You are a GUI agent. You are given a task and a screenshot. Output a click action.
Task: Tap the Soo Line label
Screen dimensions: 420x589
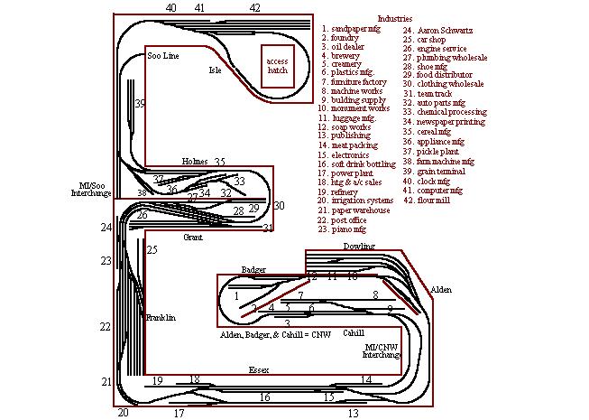(163, 56)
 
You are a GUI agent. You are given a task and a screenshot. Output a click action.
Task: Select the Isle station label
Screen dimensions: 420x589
(215, 70)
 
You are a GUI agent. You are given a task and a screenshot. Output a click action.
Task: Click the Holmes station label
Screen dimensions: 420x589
(194, 161)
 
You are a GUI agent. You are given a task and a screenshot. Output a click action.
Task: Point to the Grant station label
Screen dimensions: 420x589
(192, 238)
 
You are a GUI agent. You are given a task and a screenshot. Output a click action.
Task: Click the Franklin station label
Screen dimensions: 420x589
(160, 318)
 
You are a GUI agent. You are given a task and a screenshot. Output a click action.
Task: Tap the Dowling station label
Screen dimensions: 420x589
(358, 246)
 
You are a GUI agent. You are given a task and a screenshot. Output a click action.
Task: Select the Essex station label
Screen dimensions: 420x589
(260, 369)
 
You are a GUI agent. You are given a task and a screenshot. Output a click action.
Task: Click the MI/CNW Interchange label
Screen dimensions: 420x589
(382, 350)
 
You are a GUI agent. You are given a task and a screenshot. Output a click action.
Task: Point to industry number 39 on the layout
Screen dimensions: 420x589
(140, 104)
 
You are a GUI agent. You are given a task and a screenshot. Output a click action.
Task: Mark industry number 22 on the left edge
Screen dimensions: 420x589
(106, 326)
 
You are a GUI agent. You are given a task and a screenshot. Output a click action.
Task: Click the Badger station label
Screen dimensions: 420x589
(253, 270)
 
